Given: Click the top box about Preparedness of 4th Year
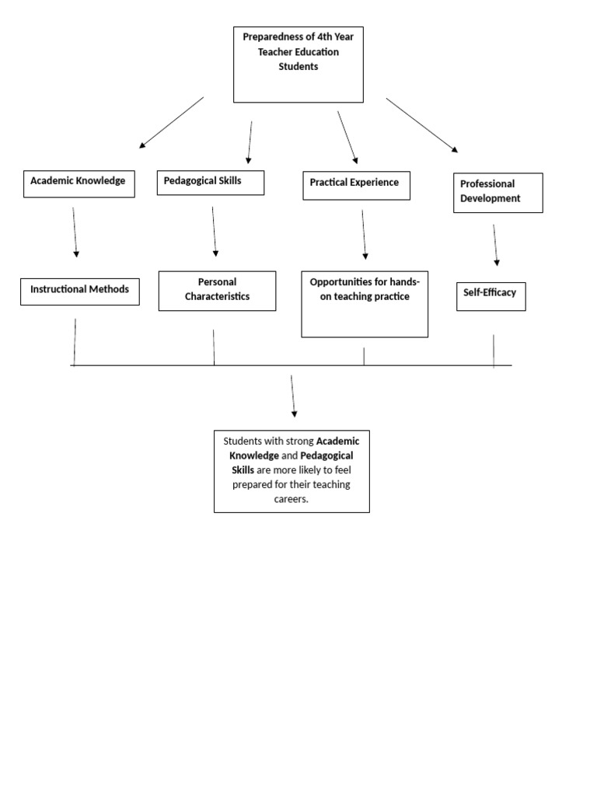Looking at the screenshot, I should point(298,65).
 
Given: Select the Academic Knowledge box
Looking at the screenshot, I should point(79,183).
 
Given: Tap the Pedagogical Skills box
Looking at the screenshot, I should point(211,182).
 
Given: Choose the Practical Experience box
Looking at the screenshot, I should point(356,184).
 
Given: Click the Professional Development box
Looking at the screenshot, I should point(497,192).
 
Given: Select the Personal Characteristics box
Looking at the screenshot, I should point(217,290).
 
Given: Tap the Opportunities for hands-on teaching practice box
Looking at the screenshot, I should point(364,303).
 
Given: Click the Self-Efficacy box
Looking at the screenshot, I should point(491,295).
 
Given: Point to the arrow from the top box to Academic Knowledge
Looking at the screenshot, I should point(171,122).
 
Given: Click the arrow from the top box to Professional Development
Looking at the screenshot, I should point(422,124).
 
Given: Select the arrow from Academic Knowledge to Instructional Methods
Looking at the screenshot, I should point(75,232).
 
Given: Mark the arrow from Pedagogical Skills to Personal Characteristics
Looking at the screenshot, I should point(214,231).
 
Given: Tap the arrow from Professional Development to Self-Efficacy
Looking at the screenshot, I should point(495,245).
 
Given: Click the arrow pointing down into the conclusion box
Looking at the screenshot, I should point(293,396).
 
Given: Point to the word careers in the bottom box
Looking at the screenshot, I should point(292,499).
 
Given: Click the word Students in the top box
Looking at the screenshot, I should point(298,67).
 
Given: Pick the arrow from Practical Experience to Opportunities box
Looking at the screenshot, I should point(364,234).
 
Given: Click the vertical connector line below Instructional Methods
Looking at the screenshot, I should point(75,341).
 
